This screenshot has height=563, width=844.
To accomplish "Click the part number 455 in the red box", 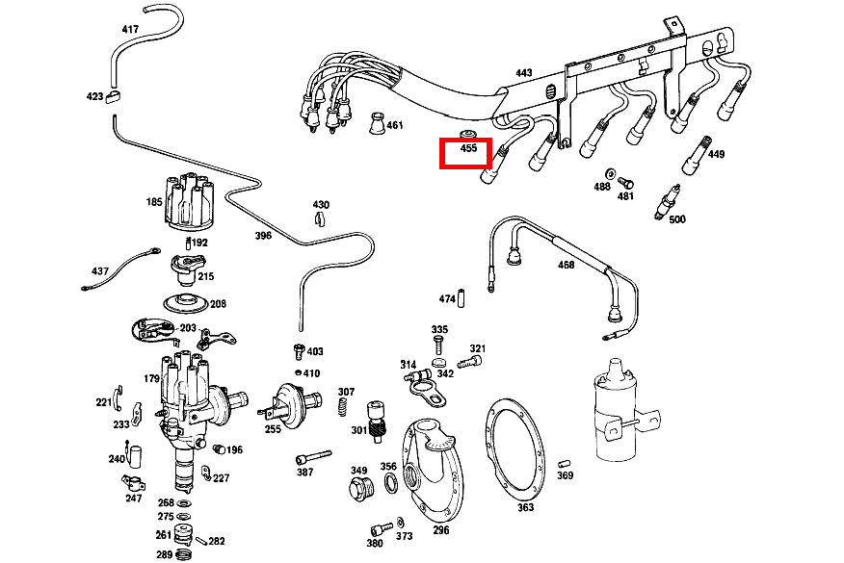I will tap(468, 149).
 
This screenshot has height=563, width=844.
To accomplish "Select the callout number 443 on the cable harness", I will tap(523, 73).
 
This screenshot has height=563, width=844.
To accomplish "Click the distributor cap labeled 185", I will tap(183, 200).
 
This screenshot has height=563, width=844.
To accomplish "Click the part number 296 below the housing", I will tap(440, 529).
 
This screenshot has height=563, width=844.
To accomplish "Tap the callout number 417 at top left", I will tap(130, 30).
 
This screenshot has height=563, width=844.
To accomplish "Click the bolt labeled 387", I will tap(314, 453).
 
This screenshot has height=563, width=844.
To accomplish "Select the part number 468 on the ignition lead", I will tap(566, 265).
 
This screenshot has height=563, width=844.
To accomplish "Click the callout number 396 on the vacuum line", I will tap(263, 236).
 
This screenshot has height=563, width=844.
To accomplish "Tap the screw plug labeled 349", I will tap(358, 489).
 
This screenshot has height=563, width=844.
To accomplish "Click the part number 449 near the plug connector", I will tap(716, 154).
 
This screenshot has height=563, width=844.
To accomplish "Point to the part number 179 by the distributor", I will tap(151, 378).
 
